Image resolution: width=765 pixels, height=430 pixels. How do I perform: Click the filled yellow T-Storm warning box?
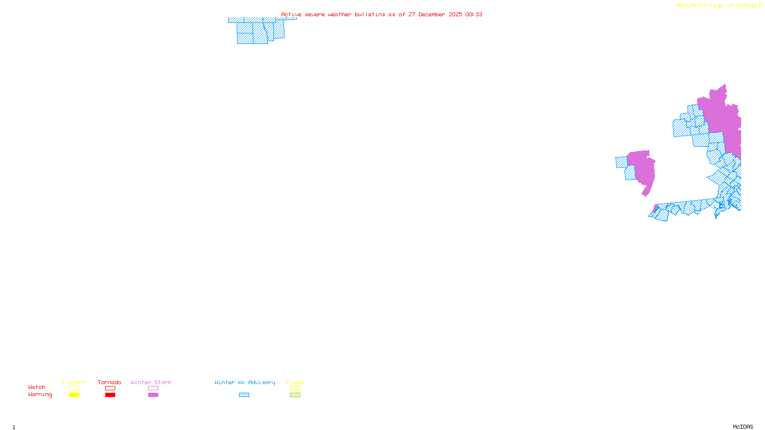[74, 395]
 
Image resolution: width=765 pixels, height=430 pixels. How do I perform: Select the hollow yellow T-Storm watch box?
[74, 388]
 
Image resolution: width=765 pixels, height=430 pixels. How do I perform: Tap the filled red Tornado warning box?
[110, 395]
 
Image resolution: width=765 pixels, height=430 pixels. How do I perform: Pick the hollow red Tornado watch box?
[110, 388]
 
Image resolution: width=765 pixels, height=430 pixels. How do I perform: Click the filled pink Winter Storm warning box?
[153, 395]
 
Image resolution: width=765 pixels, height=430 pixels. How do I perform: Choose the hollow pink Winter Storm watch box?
[153, 388]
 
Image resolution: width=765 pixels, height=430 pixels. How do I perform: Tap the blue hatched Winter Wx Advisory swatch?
[244, 395]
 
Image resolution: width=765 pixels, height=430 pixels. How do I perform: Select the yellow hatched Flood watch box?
[295, 388]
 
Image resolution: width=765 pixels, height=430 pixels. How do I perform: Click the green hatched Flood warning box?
[295, 395]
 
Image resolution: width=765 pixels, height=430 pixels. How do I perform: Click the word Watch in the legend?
[37, 387]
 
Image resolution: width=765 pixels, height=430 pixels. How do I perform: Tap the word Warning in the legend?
[40, 395]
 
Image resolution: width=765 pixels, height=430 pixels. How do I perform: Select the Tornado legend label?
[109, 382]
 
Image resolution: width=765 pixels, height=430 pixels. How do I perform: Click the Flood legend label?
[295, 382]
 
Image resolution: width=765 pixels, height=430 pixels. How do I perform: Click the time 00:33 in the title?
[473, 14]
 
